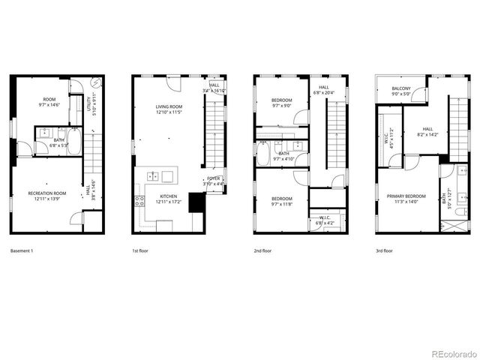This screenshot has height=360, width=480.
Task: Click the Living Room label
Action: [x=169, y=106]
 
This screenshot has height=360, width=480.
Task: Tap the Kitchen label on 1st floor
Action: [x=167, y=197]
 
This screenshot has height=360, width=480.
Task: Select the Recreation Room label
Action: [x=47, y=193]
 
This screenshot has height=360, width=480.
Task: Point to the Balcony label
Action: [x=400, y=89]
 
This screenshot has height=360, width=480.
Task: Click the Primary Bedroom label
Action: [x=406, y=196]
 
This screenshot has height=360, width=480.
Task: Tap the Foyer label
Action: [x=214, y=178]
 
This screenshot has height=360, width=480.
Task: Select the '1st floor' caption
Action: [x=139, y=250]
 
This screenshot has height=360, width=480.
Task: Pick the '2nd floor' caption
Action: [x=262, y=250]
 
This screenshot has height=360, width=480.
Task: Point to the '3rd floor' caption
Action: [x=383, y=250]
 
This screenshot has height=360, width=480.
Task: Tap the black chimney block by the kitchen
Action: [x=196, y=202]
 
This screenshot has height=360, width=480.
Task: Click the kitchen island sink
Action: [x=153, y=176]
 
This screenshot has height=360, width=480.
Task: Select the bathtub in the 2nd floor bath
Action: [x=263, y=154]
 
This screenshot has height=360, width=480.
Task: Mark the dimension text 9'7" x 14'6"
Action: [x=49, y=105]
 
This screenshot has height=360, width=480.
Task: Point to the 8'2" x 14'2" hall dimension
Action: [x=427, y=135]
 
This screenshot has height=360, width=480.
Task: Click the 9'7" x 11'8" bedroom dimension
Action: [x=281, y=203]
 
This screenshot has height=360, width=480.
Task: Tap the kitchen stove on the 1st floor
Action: [x=139, y=201]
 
